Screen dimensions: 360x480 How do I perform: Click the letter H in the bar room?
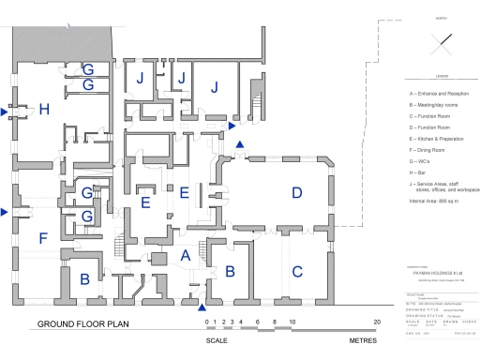click(44, 111)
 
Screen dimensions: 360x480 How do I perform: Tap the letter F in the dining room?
click(42, 238)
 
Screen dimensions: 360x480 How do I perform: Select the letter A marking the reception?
click(184, 254)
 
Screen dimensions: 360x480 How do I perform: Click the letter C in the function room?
click(298, 273)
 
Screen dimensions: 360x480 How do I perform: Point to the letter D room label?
click(297, 194)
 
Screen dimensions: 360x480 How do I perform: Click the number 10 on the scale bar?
click(292, 322)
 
